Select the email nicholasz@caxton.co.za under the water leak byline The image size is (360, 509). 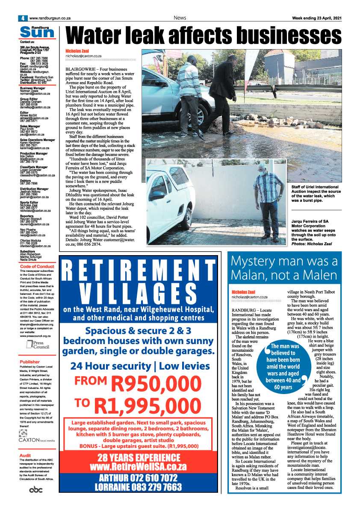(83, 56)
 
